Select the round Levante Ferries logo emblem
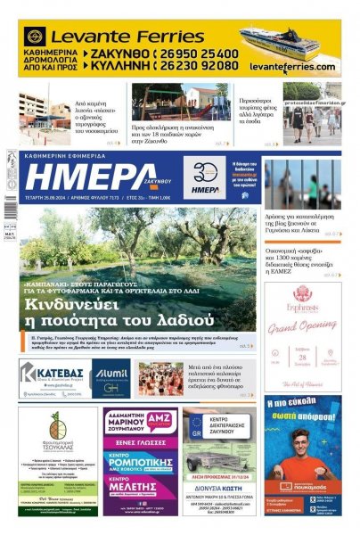pyautogui.click(x=35, y=37)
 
